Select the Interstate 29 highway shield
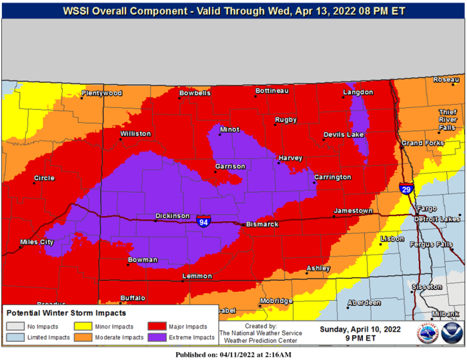pyautogui.click(x=406, y=189)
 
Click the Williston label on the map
pyautogui.click(x=135, y=134)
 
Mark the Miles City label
pyautogui.click(x=37, y=242)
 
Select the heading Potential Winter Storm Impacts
pyautogui.click(x=66, y=313)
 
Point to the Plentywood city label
pyautogui.click(x=101, y=93)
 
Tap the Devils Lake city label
pyautogui.click(x=344, y=135)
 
